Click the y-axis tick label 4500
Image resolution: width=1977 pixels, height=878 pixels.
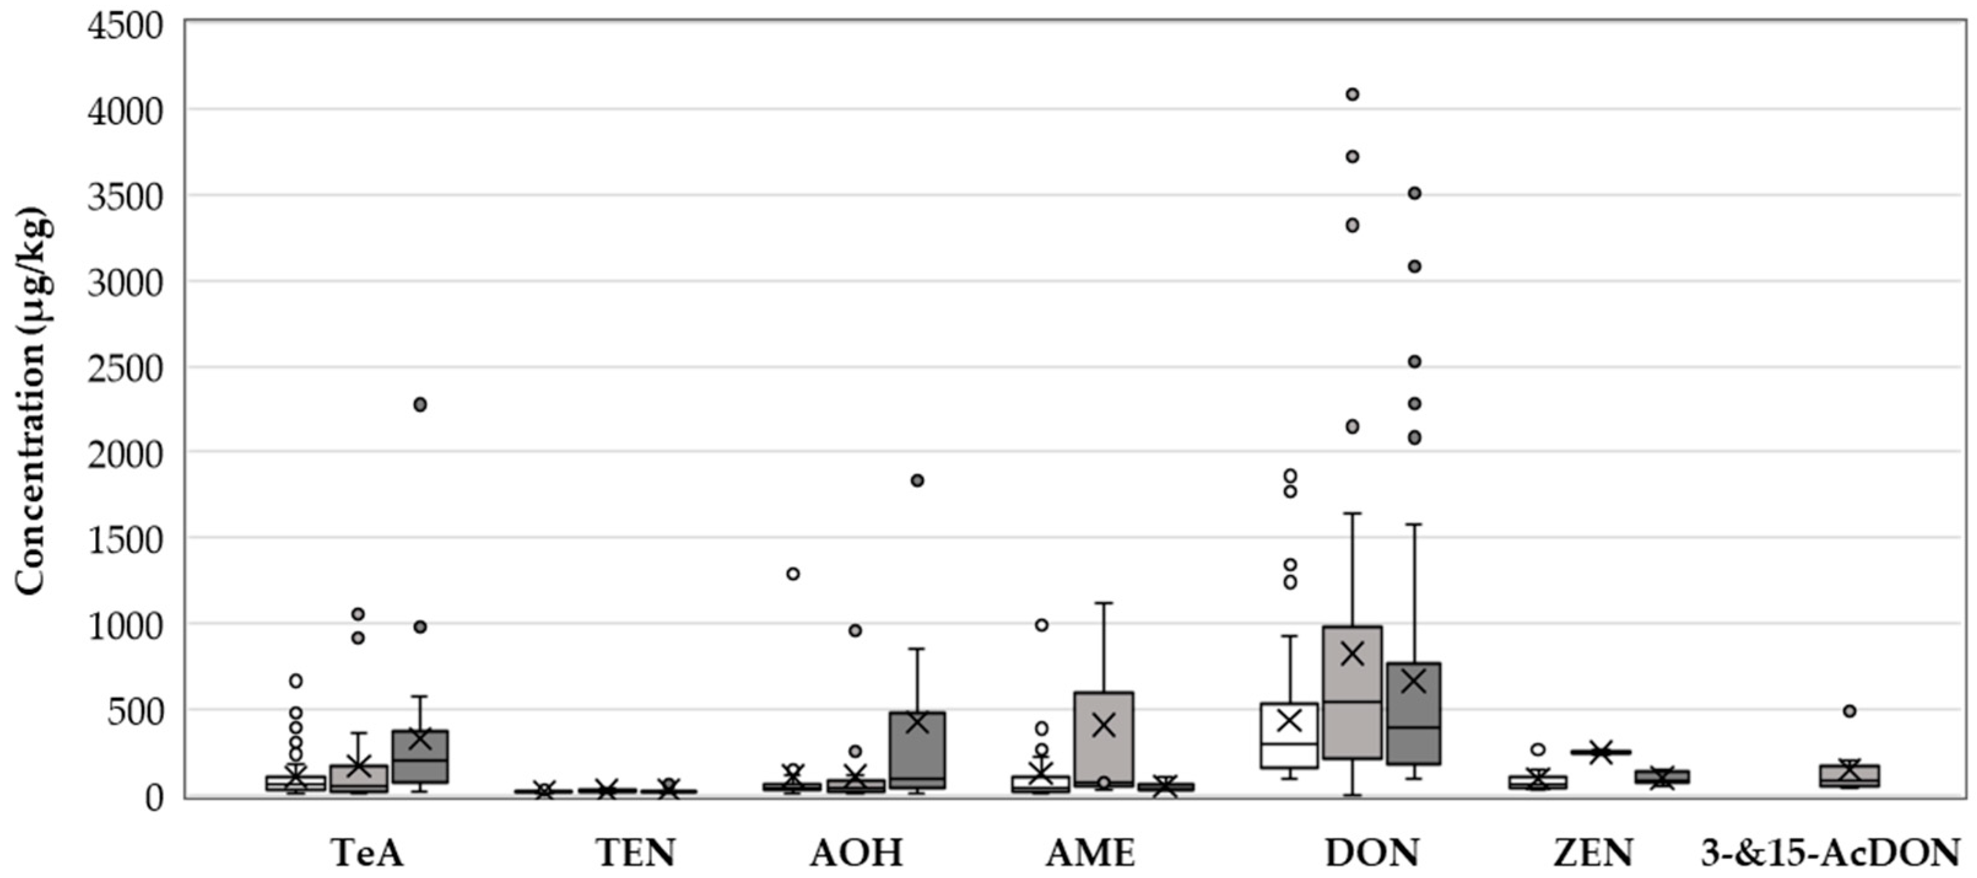pyautogui.click(x=125, y=26)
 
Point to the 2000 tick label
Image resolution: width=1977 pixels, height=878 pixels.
pyautogui.click(x=125, y=453)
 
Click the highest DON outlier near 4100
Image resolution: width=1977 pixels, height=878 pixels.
pyautogui.click(x=1353, y=94)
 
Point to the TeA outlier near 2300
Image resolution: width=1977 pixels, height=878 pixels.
pyautogui.click(x=420, y=404)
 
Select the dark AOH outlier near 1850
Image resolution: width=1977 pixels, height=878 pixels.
pyautogui.click(x=917, y=480)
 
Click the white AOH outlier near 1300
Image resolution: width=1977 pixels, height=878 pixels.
pyautogui.click(x=793, y=573)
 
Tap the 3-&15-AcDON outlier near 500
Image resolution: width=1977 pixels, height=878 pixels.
pyautogui.click(x=1849, y=710)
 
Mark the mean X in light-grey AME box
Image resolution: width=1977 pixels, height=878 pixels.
pyautogui.click(x=1104, y=725)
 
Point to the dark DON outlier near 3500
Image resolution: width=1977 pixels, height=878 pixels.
pyautogui.click(x=1415, y=193)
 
